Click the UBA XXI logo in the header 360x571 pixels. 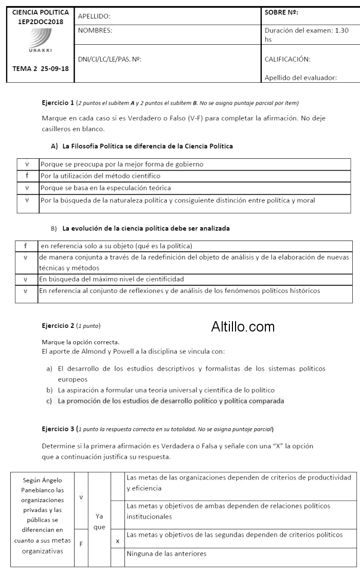click(40, 39)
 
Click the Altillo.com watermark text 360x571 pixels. click(243, 326)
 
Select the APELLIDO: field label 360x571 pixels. click(94, 16)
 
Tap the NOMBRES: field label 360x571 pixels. click(95, 30)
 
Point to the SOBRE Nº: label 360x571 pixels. click(281, 12)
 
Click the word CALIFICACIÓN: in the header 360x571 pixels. click(287, 59)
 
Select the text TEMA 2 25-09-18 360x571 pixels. click(40, 68)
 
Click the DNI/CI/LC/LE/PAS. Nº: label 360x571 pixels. click(110, 59)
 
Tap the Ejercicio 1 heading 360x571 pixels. click(58, 103)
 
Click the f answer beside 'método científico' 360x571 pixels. click(26, 176)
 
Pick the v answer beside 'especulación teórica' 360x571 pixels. click(26, 188)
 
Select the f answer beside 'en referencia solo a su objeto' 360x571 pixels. click(25, 246)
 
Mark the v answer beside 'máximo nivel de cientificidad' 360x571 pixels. click(25, 279)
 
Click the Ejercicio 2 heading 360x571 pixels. click(58, 325)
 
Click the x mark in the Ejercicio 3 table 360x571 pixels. click(118, 541)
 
